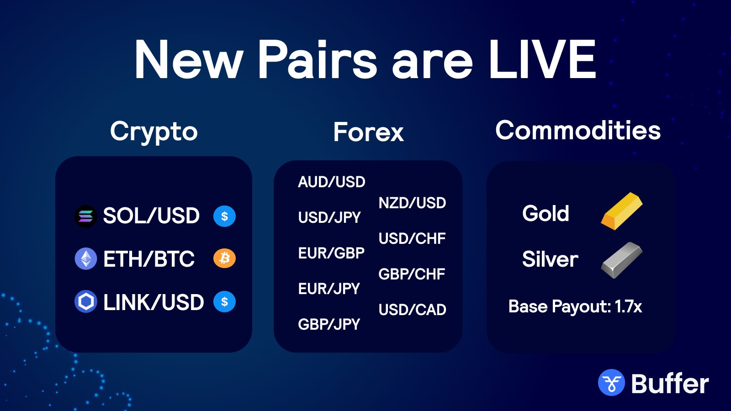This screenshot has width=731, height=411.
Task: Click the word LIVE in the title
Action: click(542, 59)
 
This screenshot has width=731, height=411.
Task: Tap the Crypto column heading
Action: click(154, 132)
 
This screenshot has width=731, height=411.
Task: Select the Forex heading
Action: click(368, 132)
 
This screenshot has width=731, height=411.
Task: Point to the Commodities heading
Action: click(578, 130)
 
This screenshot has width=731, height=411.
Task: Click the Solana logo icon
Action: click(86, 216)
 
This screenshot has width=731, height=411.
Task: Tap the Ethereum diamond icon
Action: click(86, 258)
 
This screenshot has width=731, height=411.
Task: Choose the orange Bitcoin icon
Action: click(224, 258)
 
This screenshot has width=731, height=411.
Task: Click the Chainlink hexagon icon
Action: click(86, 301)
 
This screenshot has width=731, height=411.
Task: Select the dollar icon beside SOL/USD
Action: click(224, 216)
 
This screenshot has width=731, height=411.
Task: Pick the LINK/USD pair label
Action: click(154, 302)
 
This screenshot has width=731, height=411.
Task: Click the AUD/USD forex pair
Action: click(332, 182)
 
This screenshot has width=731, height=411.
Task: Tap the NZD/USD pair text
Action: click(412, 203)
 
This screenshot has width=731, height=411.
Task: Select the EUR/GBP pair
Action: click(331, 253)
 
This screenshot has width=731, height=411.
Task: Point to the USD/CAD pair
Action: click(412, 310)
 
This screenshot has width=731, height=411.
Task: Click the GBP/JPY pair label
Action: click(329, 324)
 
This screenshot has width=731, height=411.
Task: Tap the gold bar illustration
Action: click(622, 211)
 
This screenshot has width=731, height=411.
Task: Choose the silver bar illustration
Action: click(622, 260)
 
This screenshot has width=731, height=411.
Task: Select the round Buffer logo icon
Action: click(611, 382)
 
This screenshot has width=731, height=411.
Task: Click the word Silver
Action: click(550, 259)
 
